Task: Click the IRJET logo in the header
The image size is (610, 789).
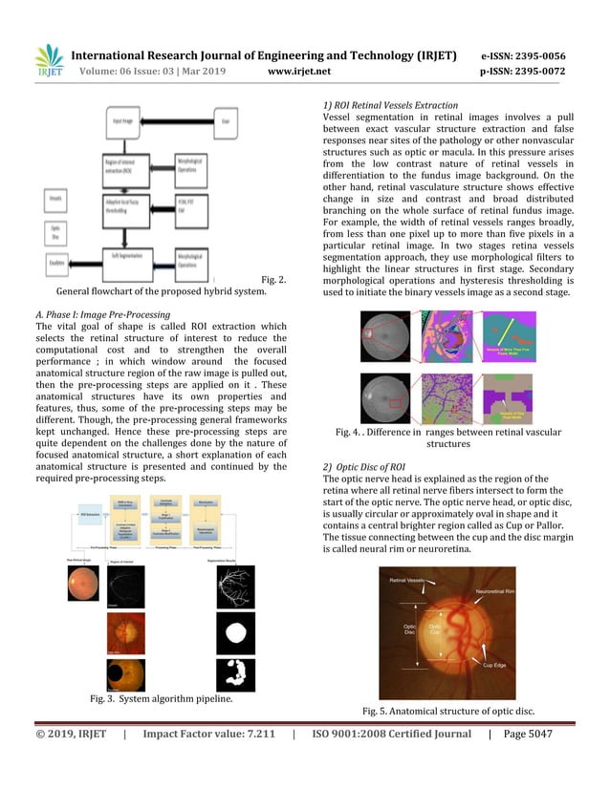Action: (x=49, y=61)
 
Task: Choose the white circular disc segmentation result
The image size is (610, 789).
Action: (x=234, y=630)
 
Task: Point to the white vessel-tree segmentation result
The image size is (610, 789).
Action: (x=234, y=585)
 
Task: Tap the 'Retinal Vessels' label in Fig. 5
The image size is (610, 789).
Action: (x=408, y=581)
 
